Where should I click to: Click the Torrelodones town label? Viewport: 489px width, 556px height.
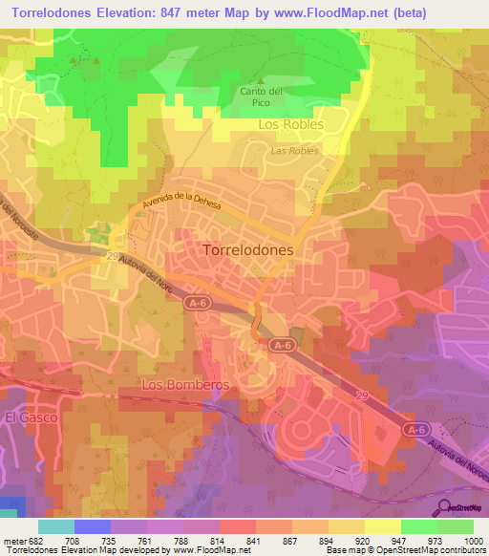[x=248, y=247]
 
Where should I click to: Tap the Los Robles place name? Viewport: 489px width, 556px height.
[x=291, y=124]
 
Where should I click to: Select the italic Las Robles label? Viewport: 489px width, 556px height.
[x=293, y=150]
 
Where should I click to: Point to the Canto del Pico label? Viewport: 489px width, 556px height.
[x=262, y=96]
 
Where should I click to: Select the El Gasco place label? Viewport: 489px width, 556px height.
[x=32, y=417]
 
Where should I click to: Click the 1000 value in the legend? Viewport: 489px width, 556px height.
[x=473, y=540]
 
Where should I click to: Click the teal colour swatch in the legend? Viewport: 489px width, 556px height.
[x=55, y=526]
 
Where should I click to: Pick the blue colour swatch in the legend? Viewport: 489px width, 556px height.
[x=92, y=526]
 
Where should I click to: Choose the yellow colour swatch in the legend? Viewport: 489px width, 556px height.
[x=382, y=526]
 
